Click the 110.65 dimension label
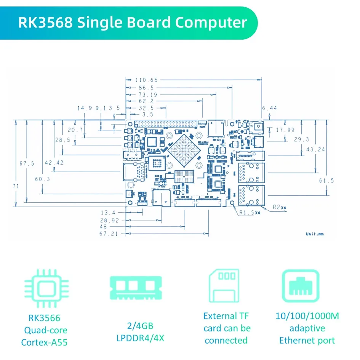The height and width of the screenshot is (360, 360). pos(146,80)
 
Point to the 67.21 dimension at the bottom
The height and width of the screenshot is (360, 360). pos(109,234)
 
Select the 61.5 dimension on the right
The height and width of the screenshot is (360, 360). pos(326,180)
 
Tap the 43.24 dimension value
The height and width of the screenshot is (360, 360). pos(315,149)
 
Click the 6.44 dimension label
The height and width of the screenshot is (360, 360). pos(269,108)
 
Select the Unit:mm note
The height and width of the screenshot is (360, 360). pos(314,234)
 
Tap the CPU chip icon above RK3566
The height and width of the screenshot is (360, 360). pos(46,288)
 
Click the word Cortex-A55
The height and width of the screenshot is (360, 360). pos(44,342)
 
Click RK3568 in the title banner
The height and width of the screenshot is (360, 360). pos(45,22)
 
